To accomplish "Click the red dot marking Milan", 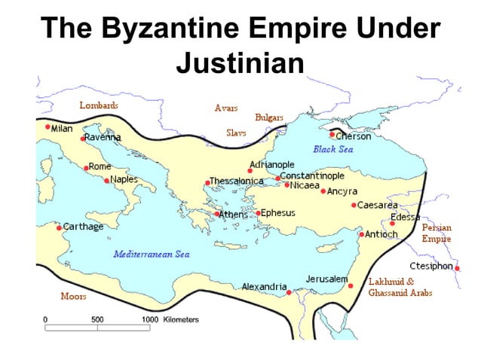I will (x=48, y=127).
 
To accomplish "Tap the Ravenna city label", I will (x=103, y=137).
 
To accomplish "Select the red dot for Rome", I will (x=86, y=167).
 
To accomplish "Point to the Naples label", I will (x=124, y=179).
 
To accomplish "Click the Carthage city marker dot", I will (x=59, y=227).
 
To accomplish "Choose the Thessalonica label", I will (x=237, y=182).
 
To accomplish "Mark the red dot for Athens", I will (x=217, y=214).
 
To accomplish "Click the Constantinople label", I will (x=312, y=175).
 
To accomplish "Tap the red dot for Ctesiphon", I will (x=457, y=268).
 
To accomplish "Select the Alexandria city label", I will (x=264, y=287).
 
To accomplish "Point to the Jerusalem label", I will (x=326, y=279).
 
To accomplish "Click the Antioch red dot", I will (x=362, y=234).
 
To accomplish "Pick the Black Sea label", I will (x=333, y=149).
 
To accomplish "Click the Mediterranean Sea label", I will (x=152, y=254).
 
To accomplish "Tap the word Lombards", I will (x=99, y=105).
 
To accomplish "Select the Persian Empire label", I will (x=437, y=233).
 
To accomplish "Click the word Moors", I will (x=73, y=296).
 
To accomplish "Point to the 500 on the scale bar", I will (x=97, y=319).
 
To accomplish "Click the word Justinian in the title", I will (x=240, y=63).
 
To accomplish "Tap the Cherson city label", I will (x=354, y=136).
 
